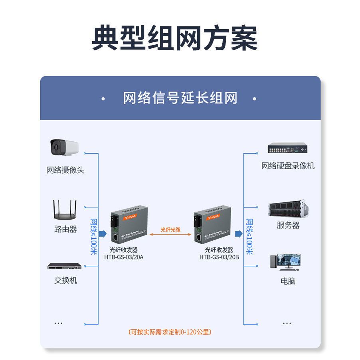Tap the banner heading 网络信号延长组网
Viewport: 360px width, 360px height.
click(x=180, y=98)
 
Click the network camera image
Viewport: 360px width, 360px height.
click(x=65, y=148)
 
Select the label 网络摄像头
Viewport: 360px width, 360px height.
click(x=65, y=170)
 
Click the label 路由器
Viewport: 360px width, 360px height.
click(x=65, y=229)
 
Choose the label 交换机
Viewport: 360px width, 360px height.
click(x=65, y=281)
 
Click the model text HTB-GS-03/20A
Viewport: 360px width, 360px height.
click(x=124, y=257)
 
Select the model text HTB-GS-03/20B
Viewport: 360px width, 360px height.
click(x=219, y=257)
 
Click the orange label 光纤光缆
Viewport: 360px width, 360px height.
click(x=170, y=229)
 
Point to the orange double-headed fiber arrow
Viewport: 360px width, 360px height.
click(x=170, y=235)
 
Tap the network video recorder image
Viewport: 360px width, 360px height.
click(x=288, y=148)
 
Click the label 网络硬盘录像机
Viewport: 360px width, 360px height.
click(x=288, y=166)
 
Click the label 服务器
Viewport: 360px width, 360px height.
click(x=288, y=225)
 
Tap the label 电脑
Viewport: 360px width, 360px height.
click(x=288, y=281)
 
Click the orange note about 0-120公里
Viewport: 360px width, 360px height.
click(x=170, y=332)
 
